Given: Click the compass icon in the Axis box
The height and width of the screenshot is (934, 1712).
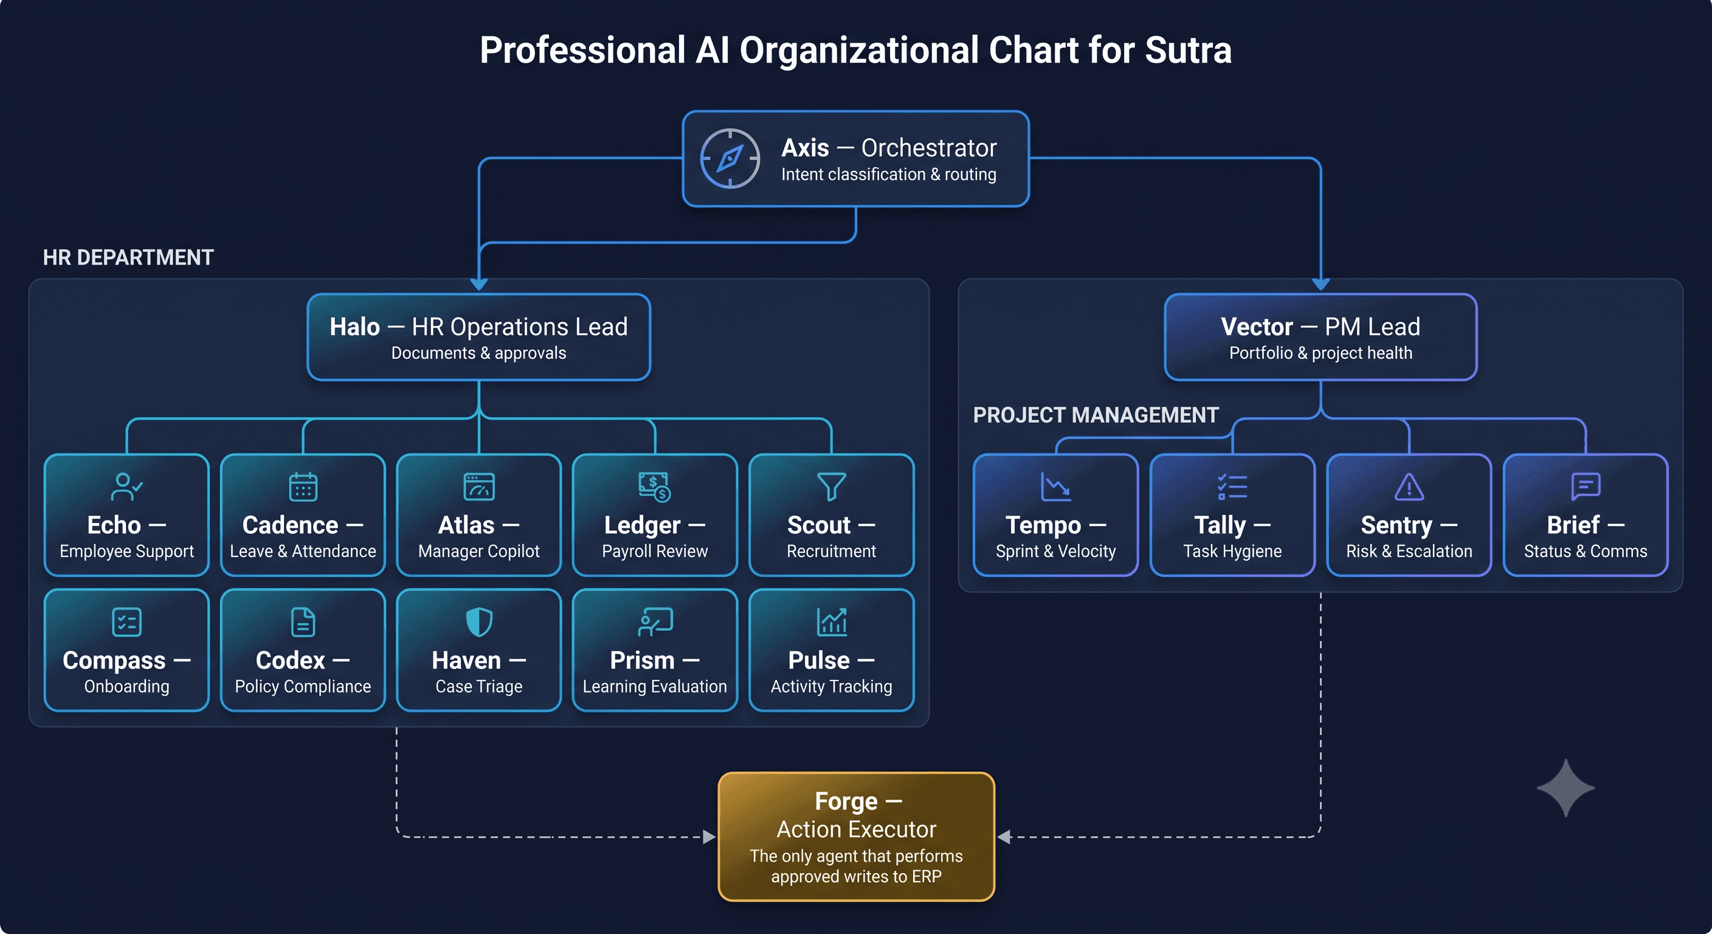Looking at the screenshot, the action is click(730, 158).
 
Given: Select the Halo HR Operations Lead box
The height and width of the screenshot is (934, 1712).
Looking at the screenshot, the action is click(478, 337).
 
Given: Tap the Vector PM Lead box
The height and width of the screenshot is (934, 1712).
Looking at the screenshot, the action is click(1320, 337).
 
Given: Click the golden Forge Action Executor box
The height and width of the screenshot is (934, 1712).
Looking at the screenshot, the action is click(856, 836).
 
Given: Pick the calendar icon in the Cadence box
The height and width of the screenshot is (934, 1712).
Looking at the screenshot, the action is click(303, 486).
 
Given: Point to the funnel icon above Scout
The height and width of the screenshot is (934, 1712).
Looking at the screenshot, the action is click(832, 486).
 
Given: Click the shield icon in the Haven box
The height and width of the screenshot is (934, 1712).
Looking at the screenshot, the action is click(479, 622).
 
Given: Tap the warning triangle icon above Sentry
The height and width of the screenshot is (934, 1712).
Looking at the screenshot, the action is click(1409, 486).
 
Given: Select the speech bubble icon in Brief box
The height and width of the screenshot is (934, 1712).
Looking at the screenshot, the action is click(1586, 486).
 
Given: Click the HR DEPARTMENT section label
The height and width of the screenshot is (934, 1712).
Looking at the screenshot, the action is click(128, 257).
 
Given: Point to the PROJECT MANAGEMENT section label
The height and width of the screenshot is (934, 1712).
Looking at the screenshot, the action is click(1096, 415).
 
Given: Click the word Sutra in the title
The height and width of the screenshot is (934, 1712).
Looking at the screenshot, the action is click(1187, 50).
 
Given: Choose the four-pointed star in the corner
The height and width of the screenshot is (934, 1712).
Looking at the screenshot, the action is click(1566, 787).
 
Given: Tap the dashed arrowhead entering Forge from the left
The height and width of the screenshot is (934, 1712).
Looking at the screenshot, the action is click(709, 837).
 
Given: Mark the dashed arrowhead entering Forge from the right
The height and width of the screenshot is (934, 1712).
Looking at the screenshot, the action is click(1004, 837).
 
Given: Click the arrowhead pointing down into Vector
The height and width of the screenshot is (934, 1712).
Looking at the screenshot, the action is click(1320, 285).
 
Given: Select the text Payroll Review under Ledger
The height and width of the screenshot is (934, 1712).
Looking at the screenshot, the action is click(655, 551).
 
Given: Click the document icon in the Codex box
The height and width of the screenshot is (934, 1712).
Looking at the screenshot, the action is click(303, 622).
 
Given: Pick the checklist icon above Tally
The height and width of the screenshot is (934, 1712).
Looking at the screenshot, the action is click(1232, 486).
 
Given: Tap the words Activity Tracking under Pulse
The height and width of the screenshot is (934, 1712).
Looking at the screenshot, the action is click(832, 686).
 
